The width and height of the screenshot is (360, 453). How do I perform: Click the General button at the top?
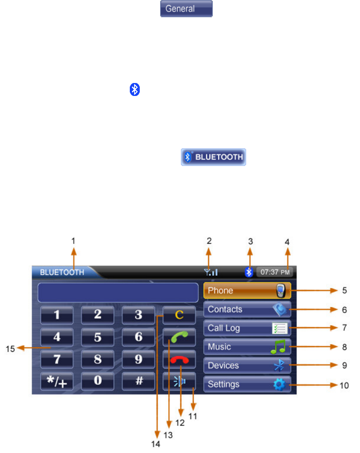tap(186, 9)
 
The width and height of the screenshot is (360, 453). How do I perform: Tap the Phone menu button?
tap(247, 291)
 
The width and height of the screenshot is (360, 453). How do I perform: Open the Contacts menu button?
tap(247, 309)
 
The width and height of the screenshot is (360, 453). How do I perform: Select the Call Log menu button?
tap(247, 329)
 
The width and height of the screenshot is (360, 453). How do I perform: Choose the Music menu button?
tap(247, 347)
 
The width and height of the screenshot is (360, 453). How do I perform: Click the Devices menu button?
tap(247, 366)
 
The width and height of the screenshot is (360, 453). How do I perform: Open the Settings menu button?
tap(247, 384)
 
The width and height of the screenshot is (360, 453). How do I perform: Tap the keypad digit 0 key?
tap(97, 382)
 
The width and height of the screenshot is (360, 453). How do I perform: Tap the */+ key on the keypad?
tap(57, 382)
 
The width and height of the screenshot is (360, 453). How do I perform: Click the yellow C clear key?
tap(179, 315)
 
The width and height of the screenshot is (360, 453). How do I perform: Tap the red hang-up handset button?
tap(179, 360)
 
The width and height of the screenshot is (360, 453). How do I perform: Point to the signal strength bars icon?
tap(212, 272)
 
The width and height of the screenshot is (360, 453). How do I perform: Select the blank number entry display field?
tap(118, 293)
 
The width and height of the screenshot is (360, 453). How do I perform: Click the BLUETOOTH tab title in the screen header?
tap(62, 273)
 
